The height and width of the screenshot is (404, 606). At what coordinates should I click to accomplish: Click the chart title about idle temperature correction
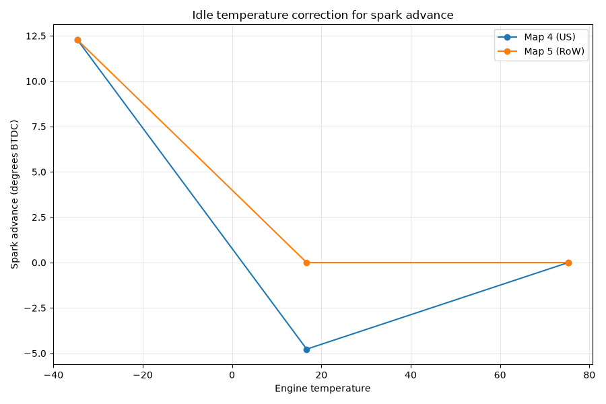[x=323, y=15]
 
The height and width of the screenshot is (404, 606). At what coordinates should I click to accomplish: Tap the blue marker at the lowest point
[x=306, y=349]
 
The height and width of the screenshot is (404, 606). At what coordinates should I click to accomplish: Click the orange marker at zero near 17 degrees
[x=306, y=263]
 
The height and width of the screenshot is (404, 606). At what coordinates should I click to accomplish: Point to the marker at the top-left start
[x=77, y=40]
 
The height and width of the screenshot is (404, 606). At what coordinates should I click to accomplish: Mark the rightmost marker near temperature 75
[x=568, y=263]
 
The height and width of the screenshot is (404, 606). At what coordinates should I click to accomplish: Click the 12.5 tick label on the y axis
[x=36, y=36]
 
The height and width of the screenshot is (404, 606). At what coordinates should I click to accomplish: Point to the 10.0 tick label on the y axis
[x=36, y=81]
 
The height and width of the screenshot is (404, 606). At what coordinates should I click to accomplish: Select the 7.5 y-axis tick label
[x=38, y=127]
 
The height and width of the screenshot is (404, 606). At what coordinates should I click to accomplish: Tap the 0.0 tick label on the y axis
[x=38, y=263]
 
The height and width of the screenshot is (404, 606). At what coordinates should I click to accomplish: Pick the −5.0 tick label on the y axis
[x=35, y=353]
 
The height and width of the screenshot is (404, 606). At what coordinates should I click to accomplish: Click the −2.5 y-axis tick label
[x=35, y=308]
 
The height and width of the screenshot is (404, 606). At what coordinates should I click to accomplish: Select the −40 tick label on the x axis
[x=53, y=375]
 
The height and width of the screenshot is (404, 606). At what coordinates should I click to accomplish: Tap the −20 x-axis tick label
[x=143, y=375]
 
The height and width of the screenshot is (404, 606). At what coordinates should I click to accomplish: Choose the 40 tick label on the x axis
[x=411, y=375]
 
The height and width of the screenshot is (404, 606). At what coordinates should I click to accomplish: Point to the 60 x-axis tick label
[x=500, y=375]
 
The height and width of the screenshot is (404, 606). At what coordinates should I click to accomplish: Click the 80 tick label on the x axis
[x=589, y=375]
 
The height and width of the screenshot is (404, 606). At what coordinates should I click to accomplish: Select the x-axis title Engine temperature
[x=323, y=389]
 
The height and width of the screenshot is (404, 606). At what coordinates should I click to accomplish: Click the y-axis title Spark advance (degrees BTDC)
[x=14, y=195]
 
